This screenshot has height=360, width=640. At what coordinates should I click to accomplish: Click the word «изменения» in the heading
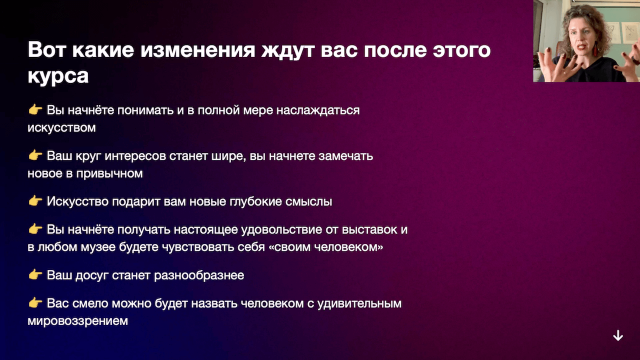click(197, 50)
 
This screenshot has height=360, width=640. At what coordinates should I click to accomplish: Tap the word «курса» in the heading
click(58, 76)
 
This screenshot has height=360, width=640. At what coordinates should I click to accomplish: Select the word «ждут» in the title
click(288, 50)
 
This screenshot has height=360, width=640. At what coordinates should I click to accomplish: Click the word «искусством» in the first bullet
click(61, 127)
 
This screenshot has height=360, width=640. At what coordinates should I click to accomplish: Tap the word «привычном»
click(109, 173)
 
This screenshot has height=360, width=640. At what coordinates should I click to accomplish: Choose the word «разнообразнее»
click(199, 275)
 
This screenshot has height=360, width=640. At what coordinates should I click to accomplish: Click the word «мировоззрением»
click(77, 321)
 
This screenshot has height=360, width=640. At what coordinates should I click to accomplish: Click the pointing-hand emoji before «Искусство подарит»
click(35, 201)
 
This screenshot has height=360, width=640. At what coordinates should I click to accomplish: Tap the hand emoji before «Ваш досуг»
click(35, 274)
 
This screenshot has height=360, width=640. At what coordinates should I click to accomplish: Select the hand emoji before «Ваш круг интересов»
click(35, 155)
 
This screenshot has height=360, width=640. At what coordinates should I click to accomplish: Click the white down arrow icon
click(618, 335)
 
